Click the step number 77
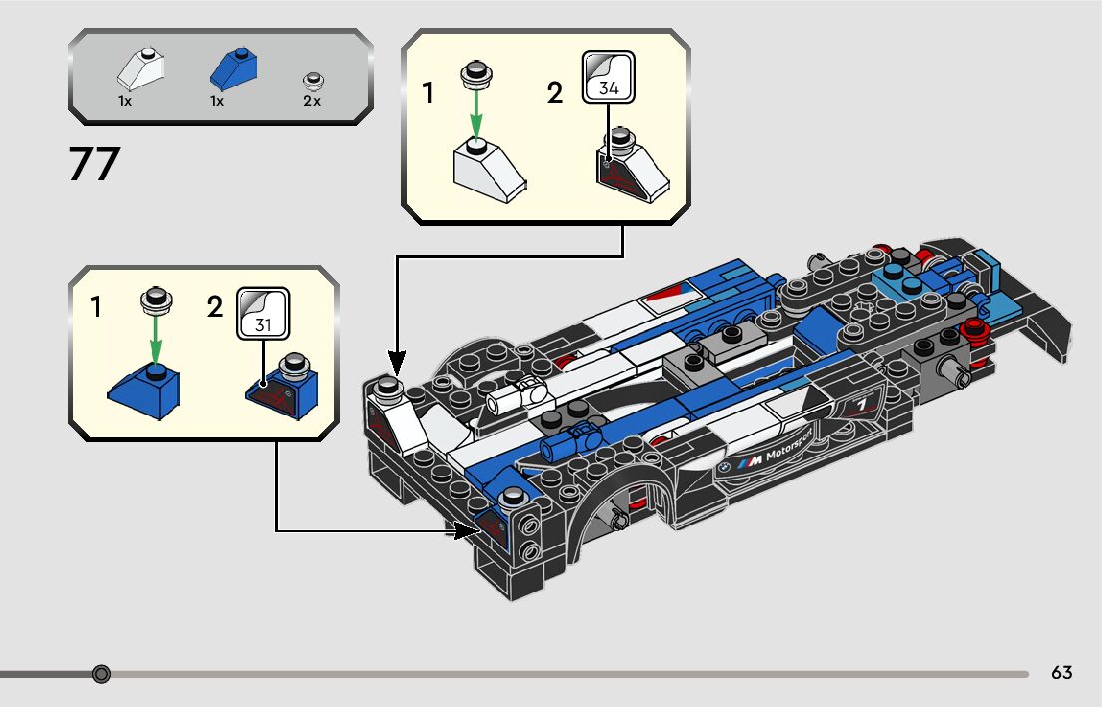(x=94, y=165)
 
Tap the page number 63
(x=1061, y=673)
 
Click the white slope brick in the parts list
(x=139, y=69)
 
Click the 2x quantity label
(x=312, y=101)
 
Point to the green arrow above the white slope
(x=476, y=113)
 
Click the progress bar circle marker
(x=101, y=674)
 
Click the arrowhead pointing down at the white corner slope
(x=396, y=359)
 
